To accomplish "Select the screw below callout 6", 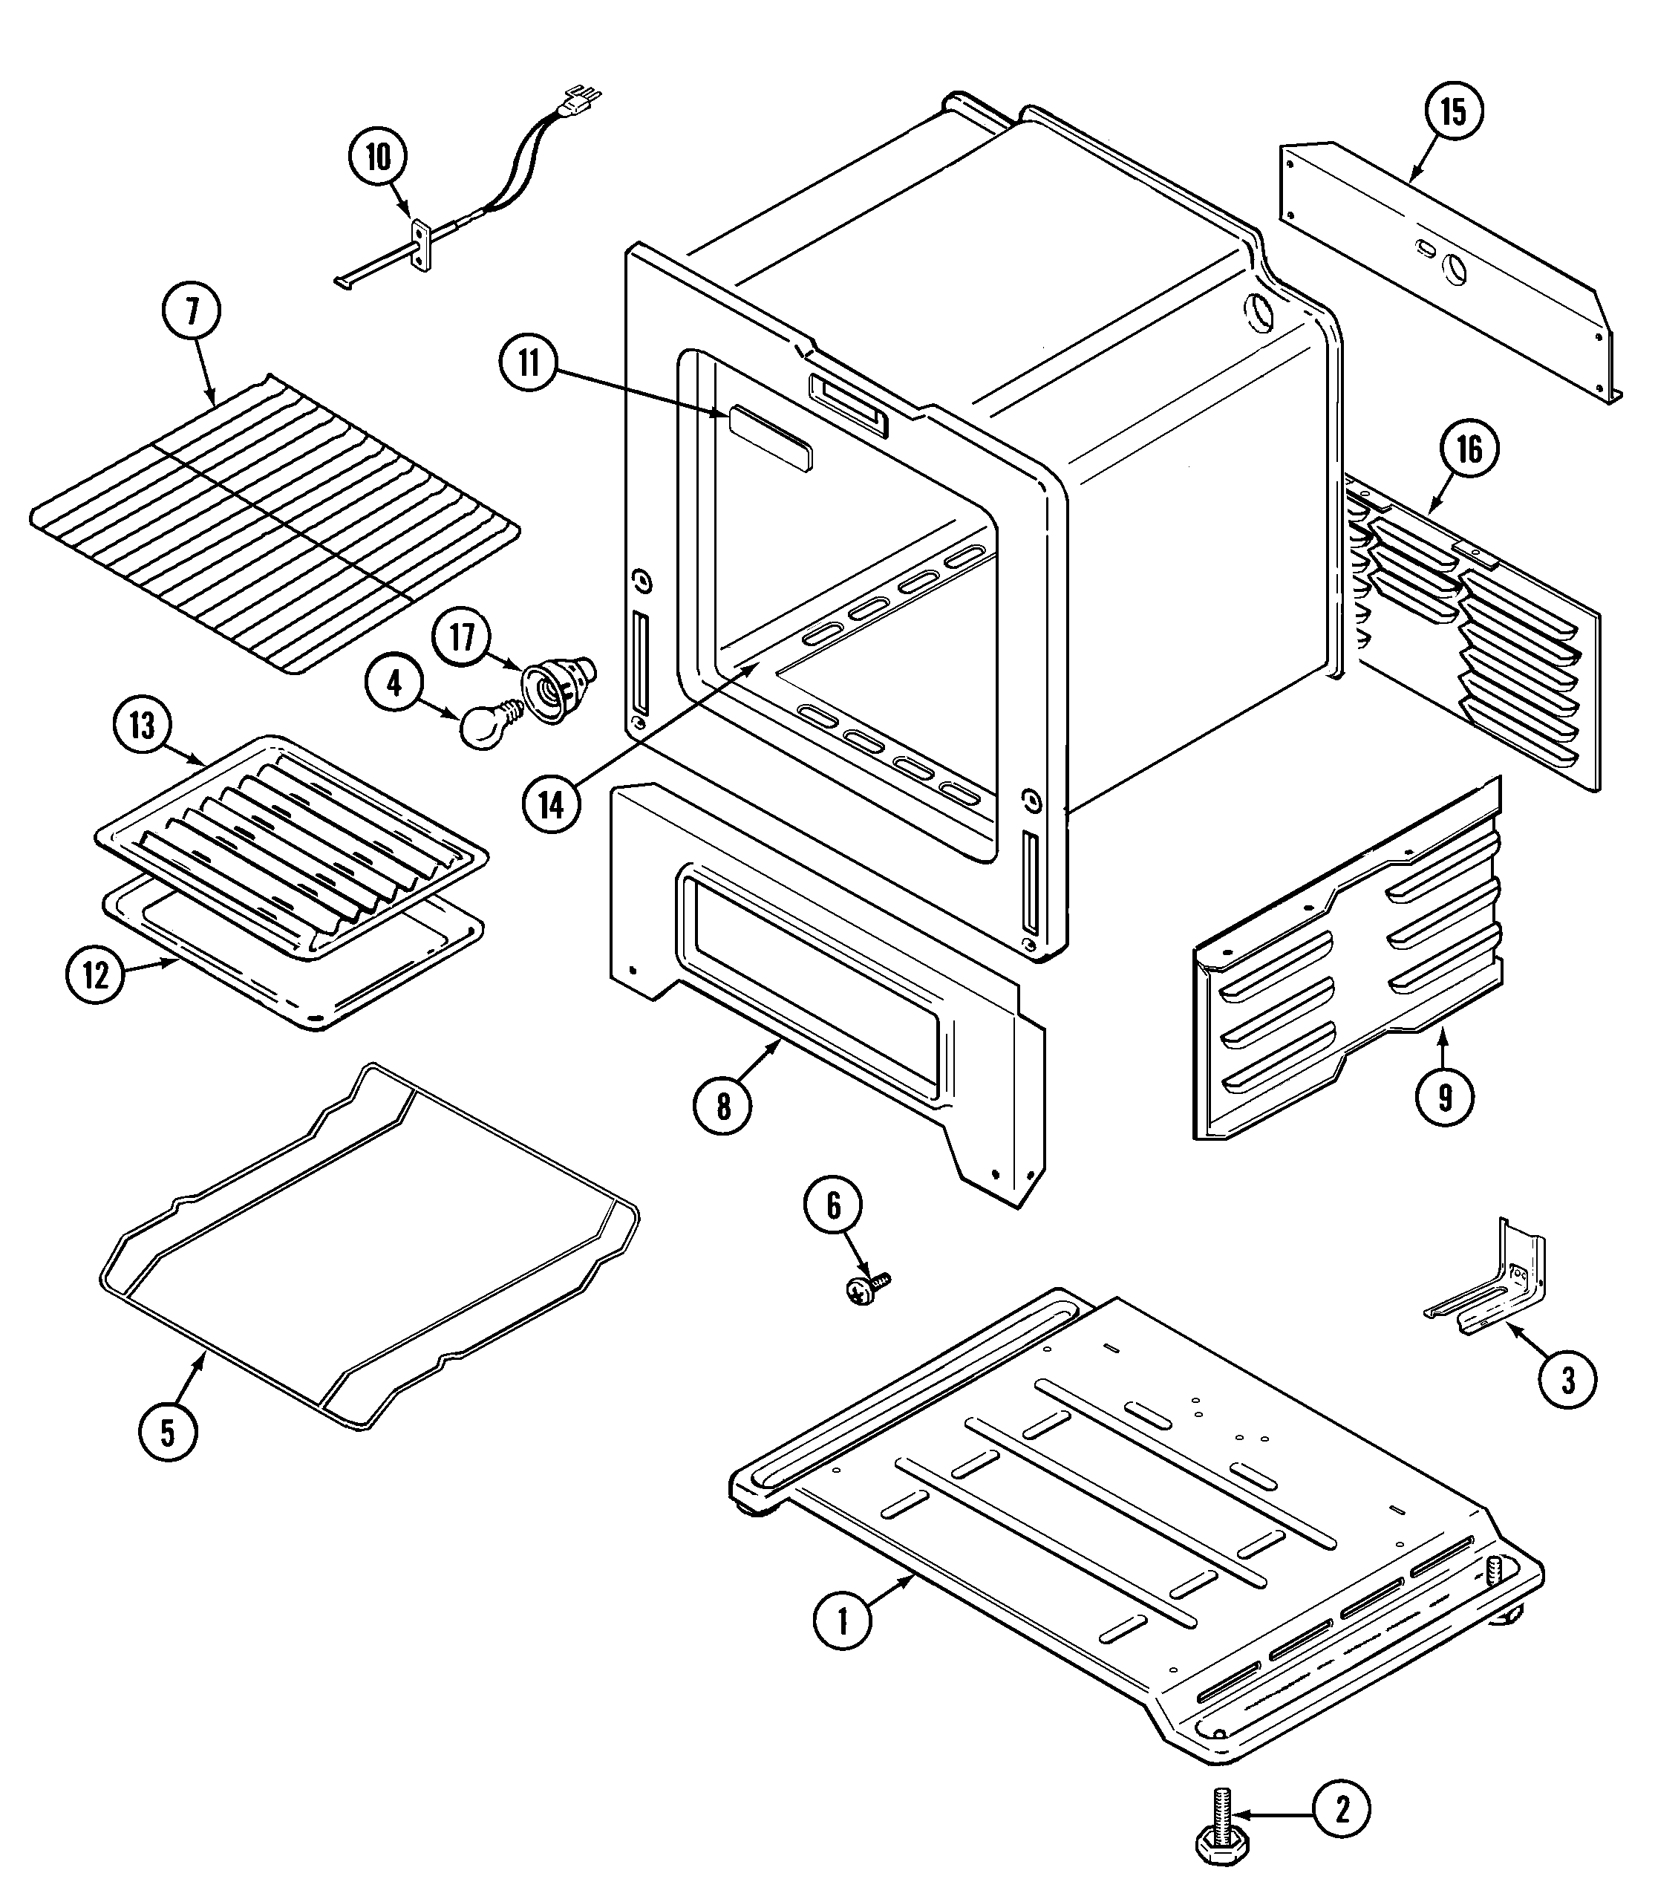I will [865, 1291].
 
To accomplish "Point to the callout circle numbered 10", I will [379, 157].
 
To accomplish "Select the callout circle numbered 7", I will [192, 311].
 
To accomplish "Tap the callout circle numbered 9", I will [1444, 1096].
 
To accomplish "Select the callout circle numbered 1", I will [842, 1621].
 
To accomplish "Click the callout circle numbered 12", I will [96, 975].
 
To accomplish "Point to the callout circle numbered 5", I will [167, 1433].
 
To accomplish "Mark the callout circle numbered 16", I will [1469, 450].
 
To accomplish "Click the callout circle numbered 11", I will [528, 363].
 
